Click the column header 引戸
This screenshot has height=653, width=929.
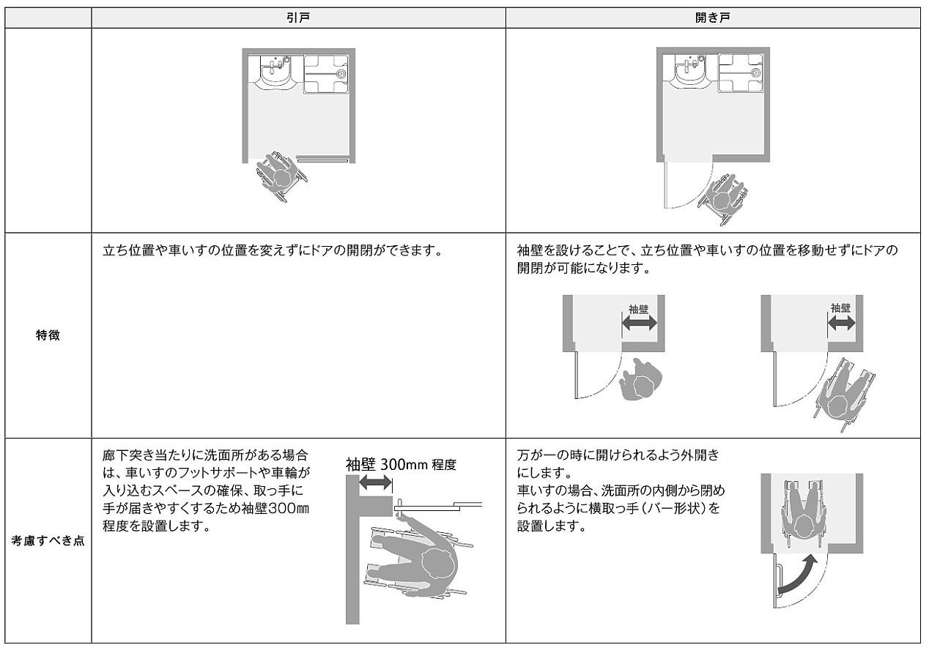click(298, 18)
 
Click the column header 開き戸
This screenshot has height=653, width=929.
click(712, 18)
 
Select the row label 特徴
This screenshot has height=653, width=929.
click(48, 336)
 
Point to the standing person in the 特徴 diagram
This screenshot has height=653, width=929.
click(640, 379)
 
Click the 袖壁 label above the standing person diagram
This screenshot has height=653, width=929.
click(639, 309)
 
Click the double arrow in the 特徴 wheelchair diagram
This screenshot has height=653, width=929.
click(841, 324)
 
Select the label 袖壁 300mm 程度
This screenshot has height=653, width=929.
click(401, 464)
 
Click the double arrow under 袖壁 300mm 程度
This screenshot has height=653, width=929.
click(376, 482)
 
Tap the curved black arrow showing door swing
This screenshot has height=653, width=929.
click(799, 575)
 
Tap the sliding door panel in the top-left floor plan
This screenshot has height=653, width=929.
click(322, 157)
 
